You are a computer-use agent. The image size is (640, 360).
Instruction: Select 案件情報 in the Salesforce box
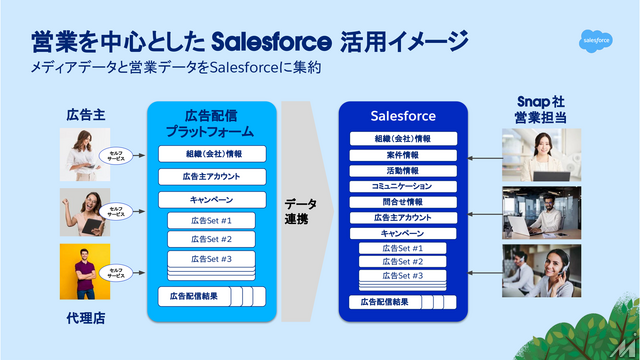tap(403, 155)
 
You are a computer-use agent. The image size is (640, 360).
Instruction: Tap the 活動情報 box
tap(403, 170)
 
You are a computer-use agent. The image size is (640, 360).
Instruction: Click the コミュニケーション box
tap(403, 186)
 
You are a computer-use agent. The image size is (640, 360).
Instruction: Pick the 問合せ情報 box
tap(403, 201)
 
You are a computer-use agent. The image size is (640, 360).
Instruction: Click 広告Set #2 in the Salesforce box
tap(403, 262)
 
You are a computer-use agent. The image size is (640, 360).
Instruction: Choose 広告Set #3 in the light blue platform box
tap(213, 259)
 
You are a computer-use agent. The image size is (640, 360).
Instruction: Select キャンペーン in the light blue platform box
tap(213, 199)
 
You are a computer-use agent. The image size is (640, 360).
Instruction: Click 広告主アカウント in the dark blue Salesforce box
tap(403, 217)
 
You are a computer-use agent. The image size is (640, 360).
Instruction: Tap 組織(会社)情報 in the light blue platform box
tap(213, 153)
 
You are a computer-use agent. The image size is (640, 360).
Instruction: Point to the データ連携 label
tap(301, 210)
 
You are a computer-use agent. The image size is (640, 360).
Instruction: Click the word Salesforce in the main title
tap(272, 41)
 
